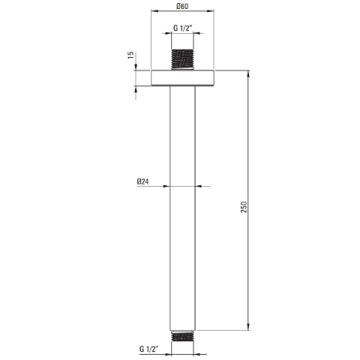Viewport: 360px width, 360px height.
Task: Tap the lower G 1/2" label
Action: pos(149,349)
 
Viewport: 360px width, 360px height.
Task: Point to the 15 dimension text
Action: pos(130,55)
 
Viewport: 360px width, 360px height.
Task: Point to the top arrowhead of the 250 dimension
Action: pos(249,73)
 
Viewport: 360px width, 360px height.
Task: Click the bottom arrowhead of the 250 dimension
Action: pos(249,327)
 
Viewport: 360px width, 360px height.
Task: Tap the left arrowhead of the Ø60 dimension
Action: pos(154,12)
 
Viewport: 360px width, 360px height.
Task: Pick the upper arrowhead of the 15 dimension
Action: pos(136,68)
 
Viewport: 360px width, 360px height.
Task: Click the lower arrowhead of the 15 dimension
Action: pos(136,87)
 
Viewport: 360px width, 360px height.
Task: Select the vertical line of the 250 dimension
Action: pos(249,150)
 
